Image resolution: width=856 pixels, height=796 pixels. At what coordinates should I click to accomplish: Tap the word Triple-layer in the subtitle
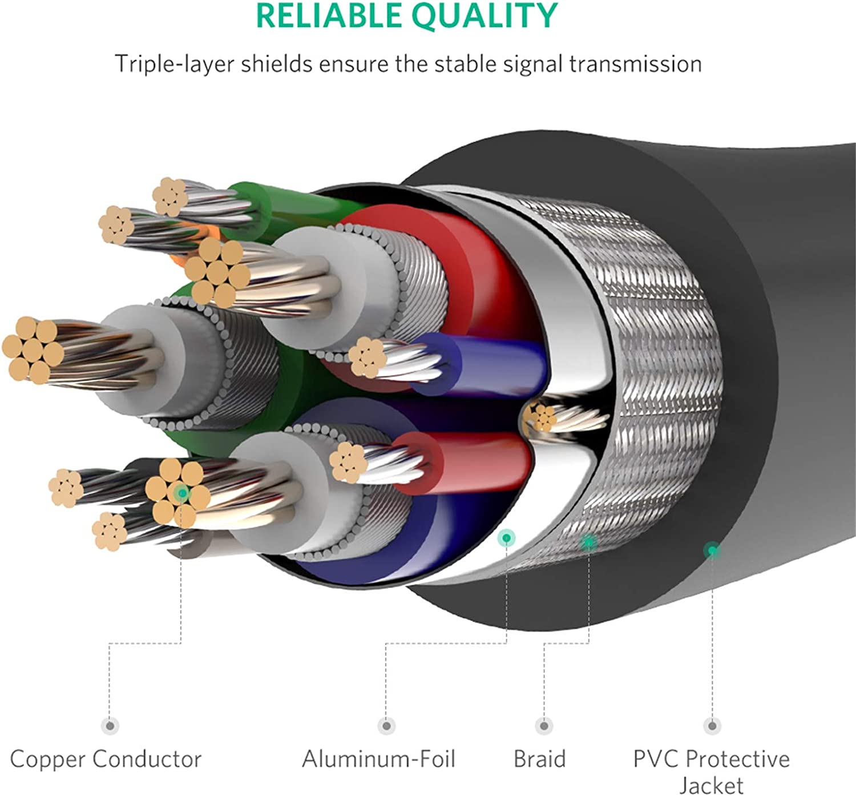173,64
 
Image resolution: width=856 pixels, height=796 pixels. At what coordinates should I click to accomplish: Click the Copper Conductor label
106,759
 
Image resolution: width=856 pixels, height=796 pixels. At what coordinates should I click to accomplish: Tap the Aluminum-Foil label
378,759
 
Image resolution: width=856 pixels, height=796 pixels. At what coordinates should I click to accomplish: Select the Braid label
539,759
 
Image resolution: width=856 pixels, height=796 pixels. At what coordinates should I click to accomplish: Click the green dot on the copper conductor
181,492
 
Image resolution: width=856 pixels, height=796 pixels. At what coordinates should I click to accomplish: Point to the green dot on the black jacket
712,550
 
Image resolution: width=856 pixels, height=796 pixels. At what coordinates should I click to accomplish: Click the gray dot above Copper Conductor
110,726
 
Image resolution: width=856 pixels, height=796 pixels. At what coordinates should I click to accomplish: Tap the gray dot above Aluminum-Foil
386,726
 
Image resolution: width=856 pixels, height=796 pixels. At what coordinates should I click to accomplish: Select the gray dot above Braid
544,726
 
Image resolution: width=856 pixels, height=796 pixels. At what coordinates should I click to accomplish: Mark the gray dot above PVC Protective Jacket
712,726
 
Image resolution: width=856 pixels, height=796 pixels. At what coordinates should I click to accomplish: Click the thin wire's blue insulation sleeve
491,364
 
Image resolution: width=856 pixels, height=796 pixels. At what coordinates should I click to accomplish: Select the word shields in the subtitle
276,64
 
